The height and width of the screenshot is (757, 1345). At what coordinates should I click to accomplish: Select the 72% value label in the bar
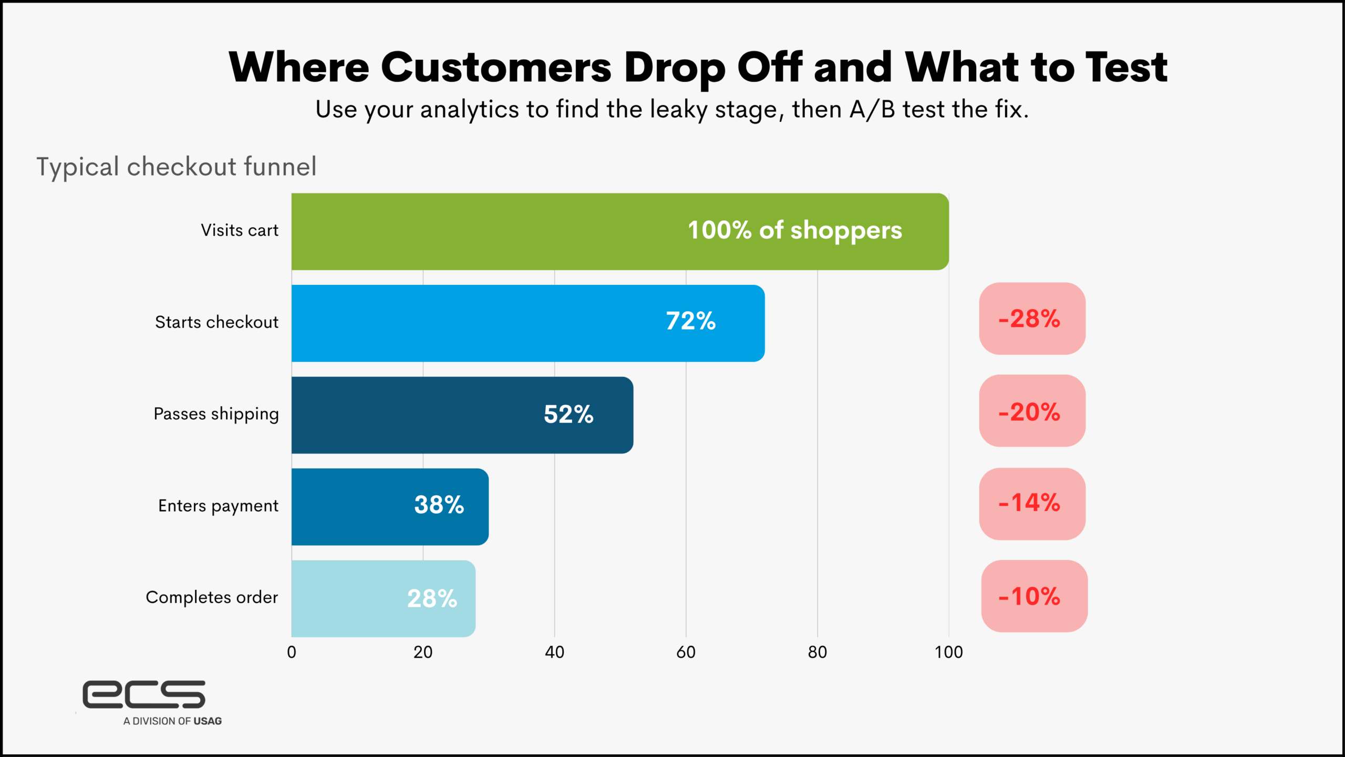690,321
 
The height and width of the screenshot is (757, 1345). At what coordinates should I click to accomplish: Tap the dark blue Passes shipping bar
420,415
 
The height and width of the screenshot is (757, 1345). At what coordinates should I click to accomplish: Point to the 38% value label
439,505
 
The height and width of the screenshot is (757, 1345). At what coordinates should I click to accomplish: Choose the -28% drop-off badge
1032,319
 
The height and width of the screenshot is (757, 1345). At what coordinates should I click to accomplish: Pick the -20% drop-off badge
1032,411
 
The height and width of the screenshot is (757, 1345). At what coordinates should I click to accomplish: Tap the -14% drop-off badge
1032,504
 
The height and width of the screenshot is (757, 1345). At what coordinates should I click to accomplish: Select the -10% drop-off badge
1033,596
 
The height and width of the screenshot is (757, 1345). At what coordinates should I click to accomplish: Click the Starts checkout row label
216,322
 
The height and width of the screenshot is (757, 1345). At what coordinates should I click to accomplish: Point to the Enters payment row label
218,506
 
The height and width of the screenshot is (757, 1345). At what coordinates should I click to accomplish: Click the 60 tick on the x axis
686,652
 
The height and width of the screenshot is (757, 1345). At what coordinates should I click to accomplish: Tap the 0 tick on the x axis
292,652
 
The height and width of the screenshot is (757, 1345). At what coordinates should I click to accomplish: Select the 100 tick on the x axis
948,652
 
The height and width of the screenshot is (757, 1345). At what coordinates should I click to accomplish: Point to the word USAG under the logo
208,721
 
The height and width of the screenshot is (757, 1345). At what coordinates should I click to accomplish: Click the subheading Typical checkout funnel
176,167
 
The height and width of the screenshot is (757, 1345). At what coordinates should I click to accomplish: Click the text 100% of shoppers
794,230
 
